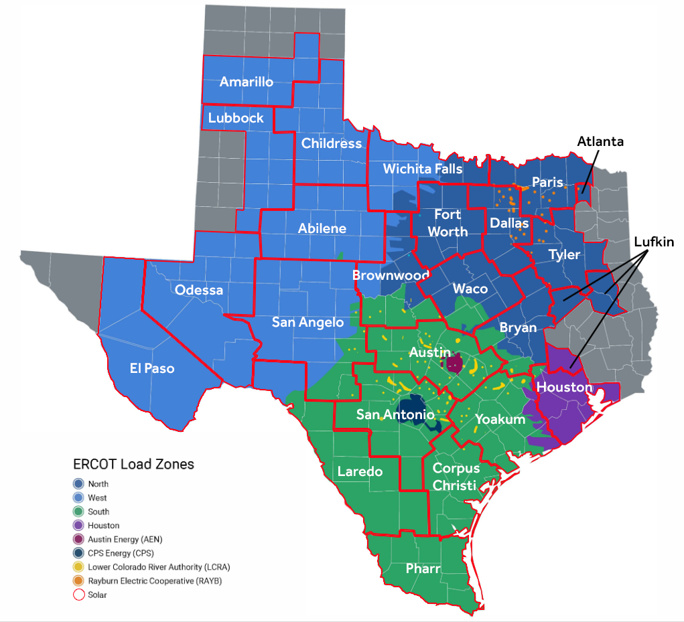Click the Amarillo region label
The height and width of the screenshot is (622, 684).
tap(247, 82)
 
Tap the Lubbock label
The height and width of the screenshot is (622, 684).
tap(236, 118)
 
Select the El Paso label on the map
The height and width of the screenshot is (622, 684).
tap(151, 368)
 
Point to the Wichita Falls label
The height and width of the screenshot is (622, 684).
tap(423, 169)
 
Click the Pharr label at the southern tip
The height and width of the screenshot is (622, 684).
tap(423, 568)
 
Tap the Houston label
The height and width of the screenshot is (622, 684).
tap(565, 387)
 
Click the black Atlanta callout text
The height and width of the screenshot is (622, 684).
tap(600, 141)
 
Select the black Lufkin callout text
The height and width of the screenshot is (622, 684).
tap(653, 241)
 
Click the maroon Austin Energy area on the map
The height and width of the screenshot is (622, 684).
tap(455, 364)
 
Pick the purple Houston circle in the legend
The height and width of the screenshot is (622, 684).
tap(78, 526)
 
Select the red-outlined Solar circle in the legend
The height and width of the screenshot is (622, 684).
tap(78, 595)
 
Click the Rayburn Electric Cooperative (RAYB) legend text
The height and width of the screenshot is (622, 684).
tap(155, 581)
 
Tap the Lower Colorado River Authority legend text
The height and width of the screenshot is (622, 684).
tap(159, 567)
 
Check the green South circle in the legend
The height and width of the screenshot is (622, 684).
tap(78, 512)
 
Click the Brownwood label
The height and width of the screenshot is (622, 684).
tap(391, 275)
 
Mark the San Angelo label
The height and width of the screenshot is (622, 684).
tap(307, 322)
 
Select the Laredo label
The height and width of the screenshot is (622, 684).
tap(360, 471)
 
